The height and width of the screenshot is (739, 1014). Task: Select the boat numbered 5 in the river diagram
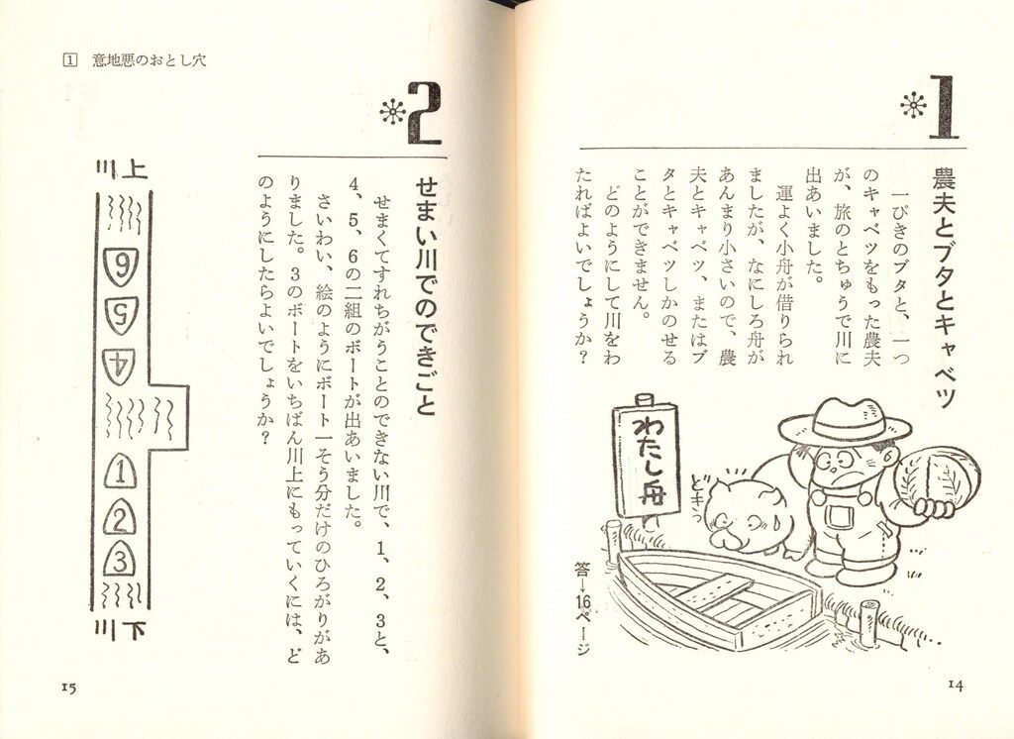[122, 316]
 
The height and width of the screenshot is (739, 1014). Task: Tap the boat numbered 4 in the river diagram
[120, 367]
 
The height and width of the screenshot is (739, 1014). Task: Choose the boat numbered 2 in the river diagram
[120, 516]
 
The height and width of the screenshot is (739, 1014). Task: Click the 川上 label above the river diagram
[122, 169]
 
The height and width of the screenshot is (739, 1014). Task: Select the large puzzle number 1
[943, 107]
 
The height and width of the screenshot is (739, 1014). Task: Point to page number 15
[69, 687]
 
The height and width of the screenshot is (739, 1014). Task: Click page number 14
[956, 685]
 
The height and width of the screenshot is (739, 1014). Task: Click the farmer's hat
[845, 423]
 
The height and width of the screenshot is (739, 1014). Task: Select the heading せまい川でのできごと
[426, 296]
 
